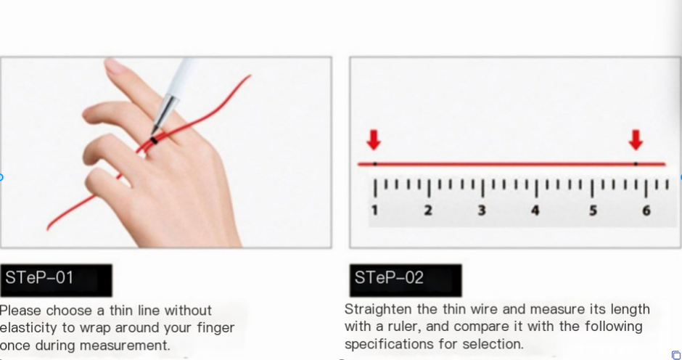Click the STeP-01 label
pos(40,277)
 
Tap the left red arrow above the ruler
pos(374,139)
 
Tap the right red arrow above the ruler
pos(636,139)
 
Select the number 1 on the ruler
pos(375,210)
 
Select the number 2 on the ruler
pos(428,210)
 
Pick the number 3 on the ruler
pos(482,210)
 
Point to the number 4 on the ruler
pos(535,210)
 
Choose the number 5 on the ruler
pos(593,210)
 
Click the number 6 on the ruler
pos(646,210)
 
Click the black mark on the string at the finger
pos(155,140)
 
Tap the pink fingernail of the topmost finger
pos(115,66)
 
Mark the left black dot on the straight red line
pos(374,164)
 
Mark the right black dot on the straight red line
pos(636,164)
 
